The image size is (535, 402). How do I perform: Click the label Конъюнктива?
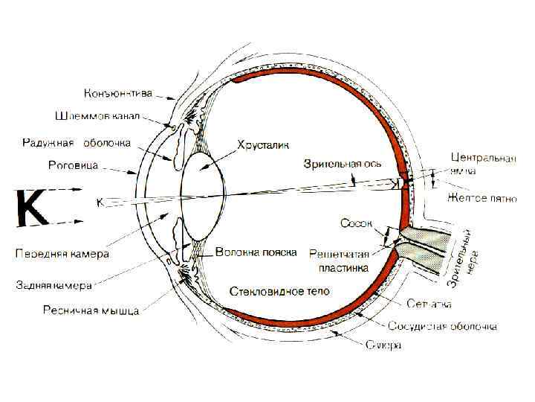click(x=119, y=94)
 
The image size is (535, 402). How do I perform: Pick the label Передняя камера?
click(x=62, y=254)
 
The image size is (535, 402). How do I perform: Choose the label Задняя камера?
click(x=55, y=284)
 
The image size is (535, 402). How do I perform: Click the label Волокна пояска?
click(x=256, y=252)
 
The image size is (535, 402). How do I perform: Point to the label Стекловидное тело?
click(x=279, y=290)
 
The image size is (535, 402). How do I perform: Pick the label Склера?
click(x=384, y=345)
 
